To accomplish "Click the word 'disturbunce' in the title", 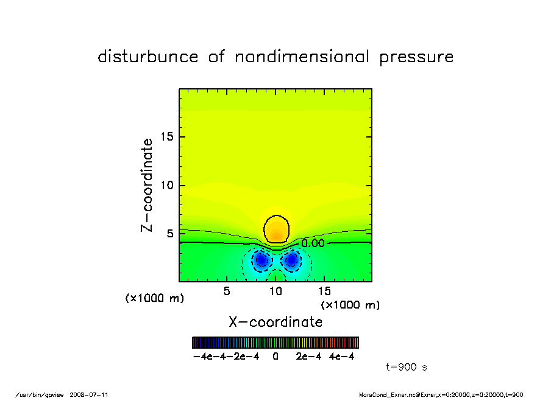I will click(x=148, y=57).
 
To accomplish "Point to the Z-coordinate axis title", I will click(x=147, y=185).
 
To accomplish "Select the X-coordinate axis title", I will click(x=275, y=321).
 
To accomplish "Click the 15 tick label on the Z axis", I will click(x=166, y=137).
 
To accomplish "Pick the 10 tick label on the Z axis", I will click(x=166, y=186).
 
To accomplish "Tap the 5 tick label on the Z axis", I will click(x=169, y=234).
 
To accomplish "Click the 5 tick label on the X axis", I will click(x=227, y=291).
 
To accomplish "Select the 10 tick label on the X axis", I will click(x=275, y=291).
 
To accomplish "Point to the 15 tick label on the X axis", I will click(x=324, y=291).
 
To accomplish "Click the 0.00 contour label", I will click(x=313, y=243).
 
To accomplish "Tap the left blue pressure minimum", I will click(x=261, y=260).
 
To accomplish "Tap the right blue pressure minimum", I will click(x=292, y=260).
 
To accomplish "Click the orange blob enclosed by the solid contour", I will click(x=277, y=229).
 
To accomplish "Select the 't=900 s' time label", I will click(x=407, y=367).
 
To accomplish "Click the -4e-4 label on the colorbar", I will click(x=205, y=357).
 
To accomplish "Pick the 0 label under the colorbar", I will click(x=275, y=357).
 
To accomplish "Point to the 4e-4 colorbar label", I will click(x=342, y=357).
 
